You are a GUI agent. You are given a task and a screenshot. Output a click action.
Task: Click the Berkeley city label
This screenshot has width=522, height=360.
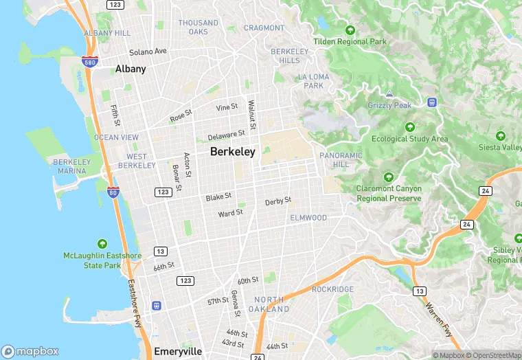[233, 152]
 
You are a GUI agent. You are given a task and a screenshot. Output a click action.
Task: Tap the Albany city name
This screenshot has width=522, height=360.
[130, 69]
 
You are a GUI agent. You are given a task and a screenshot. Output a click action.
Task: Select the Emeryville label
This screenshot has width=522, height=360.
[178, 351]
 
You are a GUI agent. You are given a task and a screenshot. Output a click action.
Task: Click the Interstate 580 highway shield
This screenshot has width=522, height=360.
[89, 61]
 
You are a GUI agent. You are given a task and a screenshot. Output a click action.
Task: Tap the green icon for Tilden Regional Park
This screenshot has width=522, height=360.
[350, 30]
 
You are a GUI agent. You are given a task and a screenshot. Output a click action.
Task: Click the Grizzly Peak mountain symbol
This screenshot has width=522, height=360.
[389, 93]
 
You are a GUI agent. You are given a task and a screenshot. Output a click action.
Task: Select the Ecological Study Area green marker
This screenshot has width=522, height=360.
[410, 127]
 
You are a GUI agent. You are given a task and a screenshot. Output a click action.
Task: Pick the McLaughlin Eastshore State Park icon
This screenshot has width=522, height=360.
[102, 244]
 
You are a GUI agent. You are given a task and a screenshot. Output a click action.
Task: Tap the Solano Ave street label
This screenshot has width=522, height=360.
[149, 52]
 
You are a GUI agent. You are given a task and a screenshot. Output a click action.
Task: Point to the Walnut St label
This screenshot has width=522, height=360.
[252, 115]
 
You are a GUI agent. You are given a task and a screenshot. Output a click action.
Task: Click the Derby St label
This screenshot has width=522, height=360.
[278, 201]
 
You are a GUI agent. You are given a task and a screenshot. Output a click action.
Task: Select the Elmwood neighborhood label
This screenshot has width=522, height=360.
[308, 218]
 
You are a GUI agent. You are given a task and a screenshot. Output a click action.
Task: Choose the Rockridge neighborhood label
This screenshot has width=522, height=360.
[332, 289]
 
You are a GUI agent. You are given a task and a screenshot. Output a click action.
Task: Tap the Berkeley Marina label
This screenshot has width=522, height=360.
[71, 166]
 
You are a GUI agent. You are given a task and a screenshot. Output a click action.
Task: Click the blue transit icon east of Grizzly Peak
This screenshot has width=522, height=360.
[432, 102]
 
